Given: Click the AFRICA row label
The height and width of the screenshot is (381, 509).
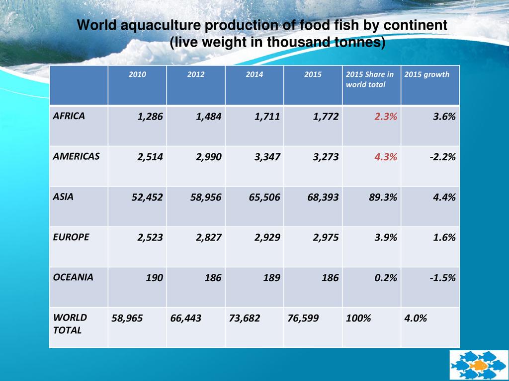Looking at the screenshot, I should tap(69, 116).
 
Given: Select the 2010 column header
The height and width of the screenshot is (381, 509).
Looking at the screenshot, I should tap(137, 74).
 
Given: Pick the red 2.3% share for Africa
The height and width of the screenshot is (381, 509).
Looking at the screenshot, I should tap(383, 117).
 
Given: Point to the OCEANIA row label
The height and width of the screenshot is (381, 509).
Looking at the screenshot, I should tap(73, 277).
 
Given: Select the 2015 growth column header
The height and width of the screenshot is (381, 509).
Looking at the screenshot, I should tap(426, 74).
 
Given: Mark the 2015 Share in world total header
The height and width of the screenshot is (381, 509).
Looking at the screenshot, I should tap(370, 79).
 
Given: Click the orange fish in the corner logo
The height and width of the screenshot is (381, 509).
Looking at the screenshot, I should tap(479, 366).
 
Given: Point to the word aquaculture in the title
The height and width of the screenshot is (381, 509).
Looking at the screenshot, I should tap(161, 25).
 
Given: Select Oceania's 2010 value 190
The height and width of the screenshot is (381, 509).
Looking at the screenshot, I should tap(154, 278).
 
